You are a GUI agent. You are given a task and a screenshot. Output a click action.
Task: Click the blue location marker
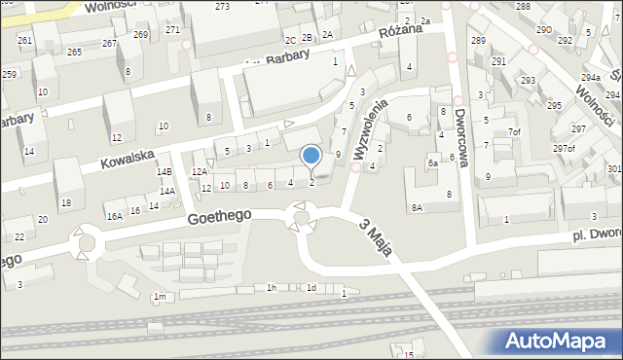pyautogui.click(x=311, y=156)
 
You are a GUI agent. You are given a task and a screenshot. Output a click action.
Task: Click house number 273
pyautogui.click(x=223, y=7)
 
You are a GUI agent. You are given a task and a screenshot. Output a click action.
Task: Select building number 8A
pyautogui.click(x=417, y=207)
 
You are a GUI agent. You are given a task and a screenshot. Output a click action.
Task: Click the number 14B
pyautogui.click(x=165, y=171)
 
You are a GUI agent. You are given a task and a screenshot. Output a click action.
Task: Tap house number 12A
pyautogui.click(x=199, y=171)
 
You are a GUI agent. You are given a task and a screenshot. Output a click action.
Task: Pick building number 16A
pyautogui.click(x=115, y=215)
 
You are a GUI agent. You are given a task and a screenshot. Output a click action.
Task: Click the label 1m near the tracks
pyautogui.click(x=160, y=296)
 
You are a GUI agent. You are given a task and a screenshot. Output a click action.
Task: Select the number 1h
pyautogui.click(x=272, y=287)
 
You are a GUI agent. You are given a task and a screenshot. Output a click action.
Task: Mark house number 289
pyautogui.click(x=478, y=40)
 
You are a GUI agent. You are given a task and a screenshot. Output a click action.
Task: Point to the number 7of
pyautogui.click(x=515, y=131)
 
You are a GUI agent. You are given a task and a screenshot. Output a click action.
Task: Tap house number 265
pyautogui.click(x=74, y=52)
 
